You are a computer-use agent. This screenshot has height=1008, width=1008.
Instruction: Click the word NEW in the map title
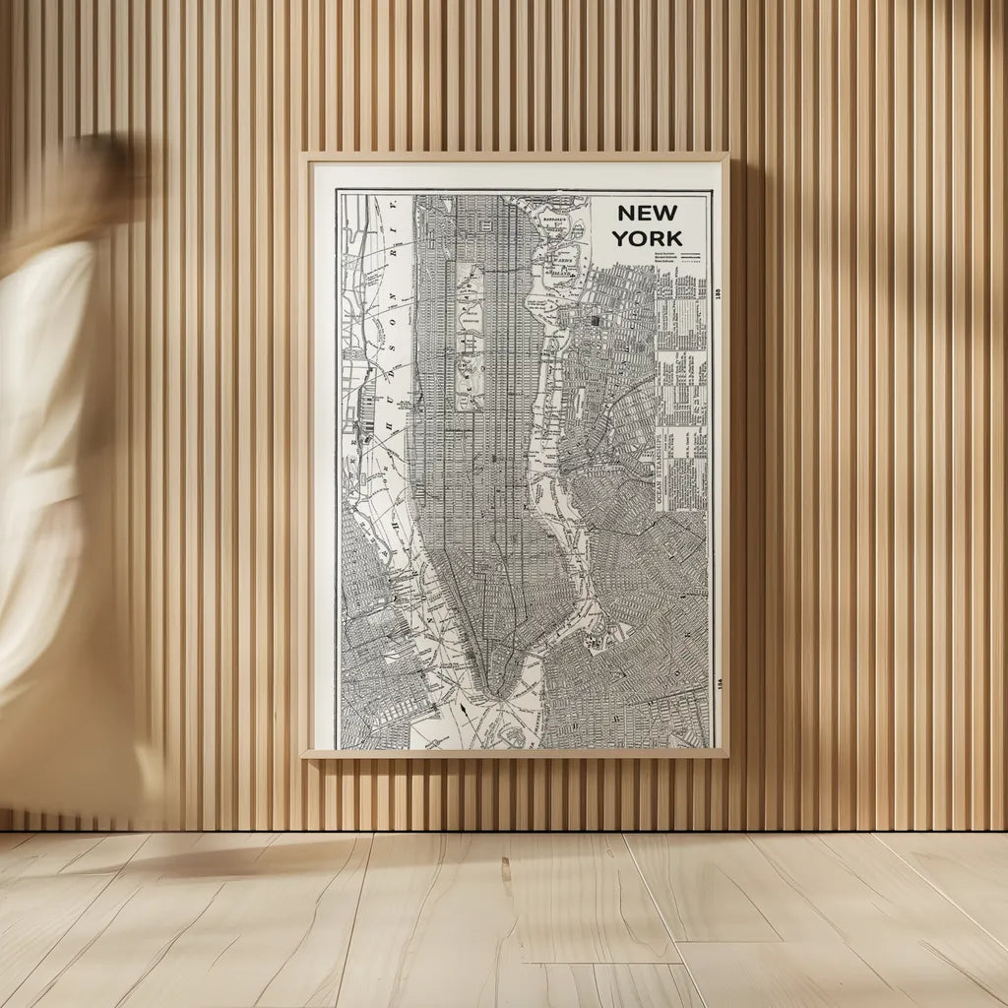(x=647, y=214)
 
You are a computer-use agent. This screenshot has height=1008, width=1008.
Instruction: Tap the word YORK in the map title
(x=647, y=237)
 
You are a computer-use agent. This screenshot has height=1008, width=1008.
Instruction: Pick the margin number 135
(x=718, y=293)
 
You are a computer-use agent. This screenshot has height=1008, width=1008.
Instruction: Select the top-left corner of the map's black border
(x=338, y=191)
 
